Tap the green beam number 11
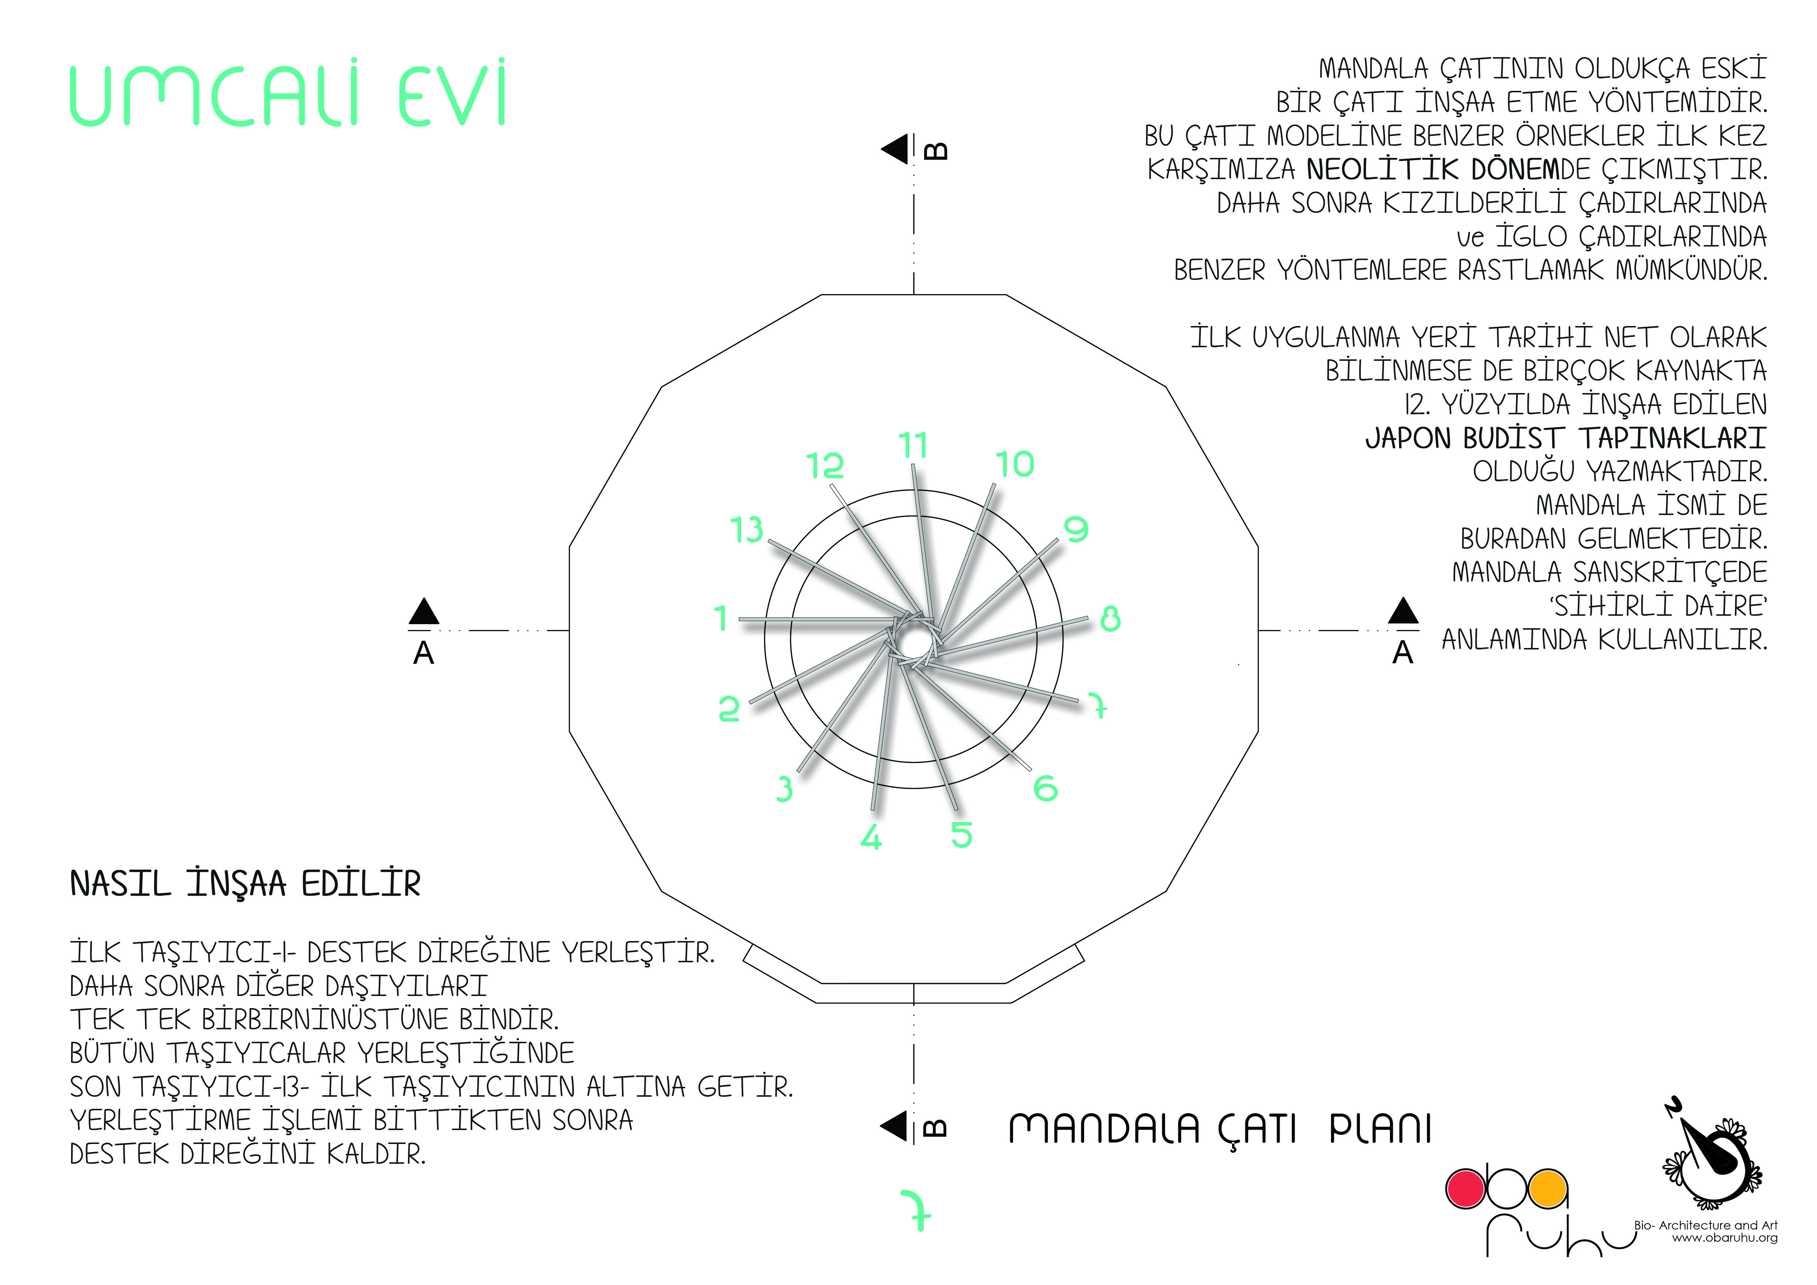pos(913,445)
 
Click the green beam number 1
pos(720,618)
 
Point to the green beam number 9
pos(1076,529)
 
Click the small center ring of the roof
pos(914,639)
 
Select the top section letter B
pos(936,150)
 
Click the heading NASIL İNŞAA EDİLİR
pos(245,884)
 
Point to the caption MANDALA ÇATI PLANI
pos(1220,1129)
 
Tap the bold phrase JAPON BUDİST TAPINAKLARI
pos(1566,438)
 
